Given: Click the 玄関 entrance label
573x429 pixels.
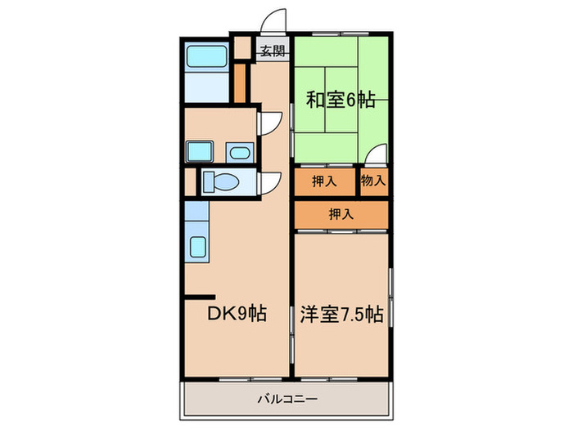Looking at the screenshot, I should pyautogui.click(x=272, y=51).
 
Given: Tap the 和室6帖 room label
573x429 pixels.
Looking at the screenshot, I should pyautogui.click(x=341, y=101).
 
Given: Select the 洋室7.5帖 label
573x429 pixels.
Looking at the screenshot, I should pyautogui.click(x=341, y=312).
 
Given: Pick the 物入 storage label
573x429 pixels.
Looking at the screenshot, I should pyautogui.click(x=373, y=181).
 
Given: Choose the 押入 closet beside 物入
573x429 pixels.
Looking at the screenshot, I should pyautogui.click(x=324, y=181).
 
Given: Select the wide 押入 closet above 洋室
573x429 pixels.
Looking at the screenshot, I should pyautogui.click(x=341, y=215).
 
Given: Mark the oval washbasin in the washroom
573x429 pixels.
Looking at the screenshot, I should pyautogui.click(x=237, y=152).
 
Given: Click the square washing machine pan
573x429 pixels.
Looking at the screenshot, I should pyautogui.click(x=199, y=152).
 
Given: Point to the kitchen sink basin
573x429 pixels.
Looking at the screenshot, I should pyautogui.click(x=198, y=246).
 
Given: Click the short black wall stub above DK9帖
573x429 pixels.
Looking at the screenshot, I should pyautogui.click(x=200, y=296).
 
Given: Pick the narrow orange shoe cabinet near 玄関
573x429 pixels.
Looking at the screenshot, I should pyautogui.click(x=240, y=83).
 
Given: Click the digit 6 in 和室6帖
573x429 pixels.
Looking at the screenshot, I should pyautogui.click(x=350, y=101).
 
